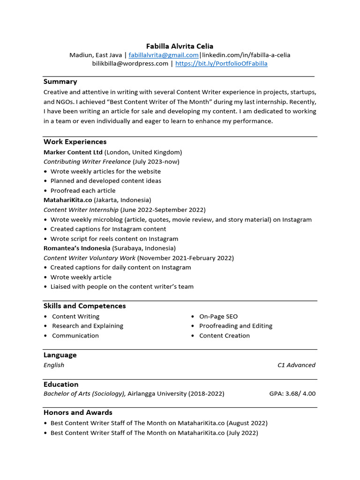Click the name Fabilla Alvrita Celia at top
(x=180, y=46)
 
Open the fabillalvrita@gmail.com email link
(x=164, y=55)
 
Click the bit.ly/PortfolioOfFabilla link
(x=221, y=64)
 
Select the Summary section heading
(x=60, y=82)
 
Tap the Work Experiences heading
(x=75, y=142)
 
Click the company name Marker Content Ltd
(x=73, y=152)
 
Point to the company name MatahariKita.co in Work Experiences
(x=67, y=200)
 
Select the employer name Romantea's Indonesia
(x=77, y=248)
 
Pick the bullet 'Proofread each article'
(x=83, y=190)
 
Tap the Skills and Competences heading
(x=85, y=306)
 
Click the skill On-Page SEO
(x=218, y=316)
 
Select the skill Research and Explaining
(x=88, y=326)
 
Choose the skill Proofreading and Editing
(x=236, y=326)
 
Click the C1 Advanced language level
(x=296, y=365)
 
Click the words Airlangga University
(x=157, y=394)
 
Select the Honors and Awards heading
(x=78, y=412)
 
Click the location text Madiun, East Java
(x=96, y=55)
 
